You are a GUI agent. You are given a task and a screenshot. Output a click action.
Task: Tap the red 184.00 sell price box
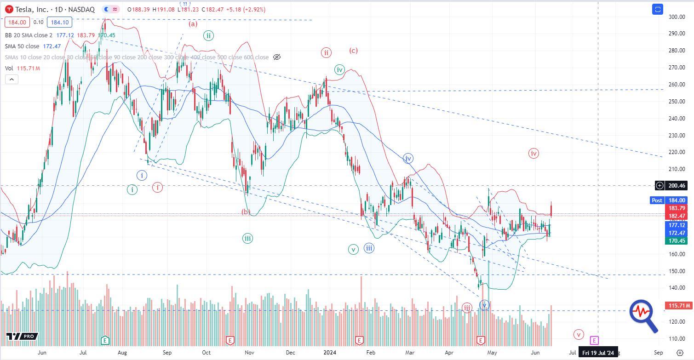coord(17,22)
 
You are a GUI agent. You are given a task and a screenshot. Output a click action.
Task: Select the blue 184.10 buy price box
coord(59,22)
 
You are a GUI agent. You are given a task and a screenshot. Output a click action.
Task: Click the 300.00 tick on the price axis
coord(677,17)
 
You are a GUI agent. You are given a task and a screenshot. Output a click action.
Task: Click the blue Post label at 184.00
coord(657,200)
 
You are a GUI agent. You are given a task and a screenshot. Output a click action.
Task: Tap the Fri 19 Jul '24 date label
coord(598,353)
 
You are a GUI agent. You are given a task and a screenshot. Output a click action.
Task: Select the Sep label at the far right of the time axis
coord(658,353)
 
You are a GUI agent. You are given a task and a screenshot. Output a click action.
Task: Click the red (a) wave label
coord(193,24)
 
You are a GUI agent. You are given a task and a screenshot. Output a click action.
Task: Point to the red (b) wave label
coord(246,212)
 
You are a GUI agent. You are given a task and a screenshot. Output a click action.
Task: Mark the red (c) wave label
coord(353,51)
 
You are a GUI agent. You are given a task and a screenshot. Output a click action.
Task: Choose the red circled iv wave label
coord(533,154)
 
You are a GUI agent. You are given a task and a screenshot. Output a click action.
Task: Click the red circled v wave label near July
coord(579,334)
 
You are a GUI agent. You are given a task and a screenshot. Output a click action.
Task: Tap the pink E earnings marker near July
coord(594,341)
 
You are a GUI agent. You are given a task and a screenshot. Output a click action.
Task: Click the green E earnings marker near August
coord(105,341)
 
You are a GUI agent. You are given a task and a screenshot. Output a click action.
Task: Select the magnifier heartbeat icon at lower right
coord(643,315)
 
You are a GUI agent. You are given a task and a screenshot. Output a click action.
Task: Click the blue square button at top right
coord(658,9)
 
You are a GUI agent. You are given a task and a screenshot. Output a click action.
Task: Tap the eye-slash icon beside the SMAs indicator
coord(277,57)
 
